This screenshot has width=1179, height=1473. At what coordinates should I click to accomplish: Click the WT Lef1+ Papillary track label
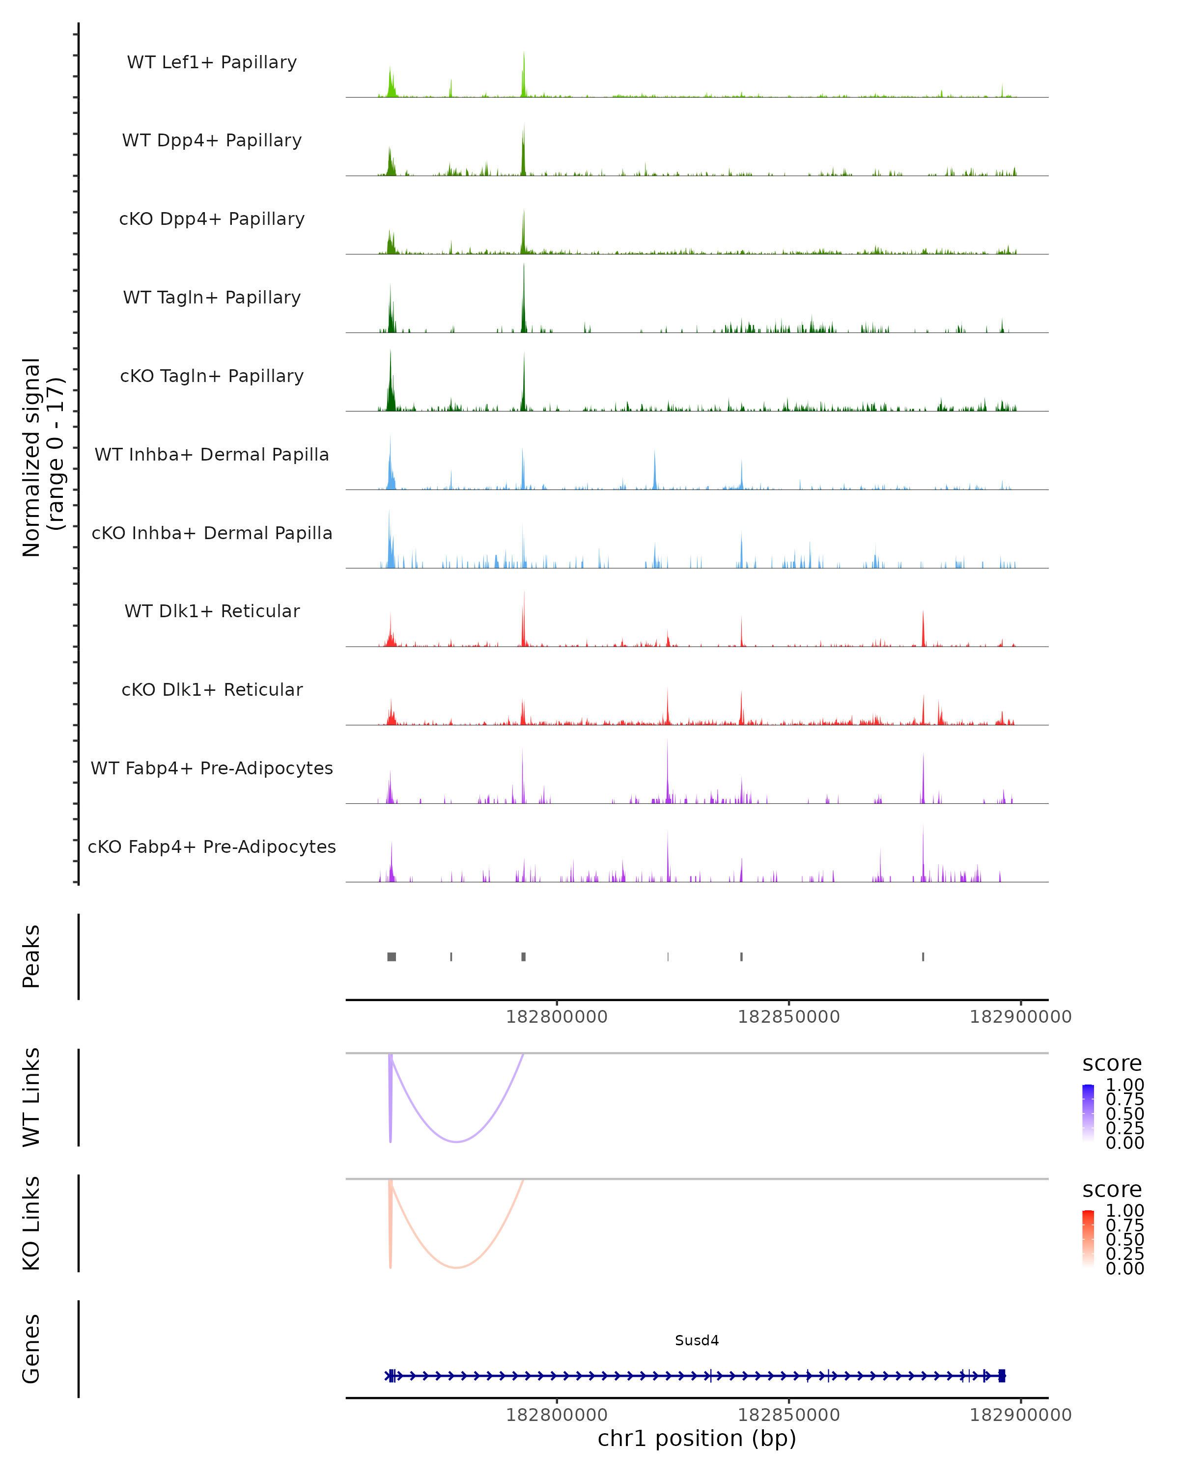tap(212, 62)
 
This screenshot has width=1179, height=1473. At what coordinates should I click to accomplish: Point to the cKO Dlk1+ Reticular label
tap(212, 689)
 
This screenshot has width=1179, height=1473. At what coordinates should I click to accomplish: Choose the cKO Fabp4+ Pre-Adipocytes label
tap(212, 846)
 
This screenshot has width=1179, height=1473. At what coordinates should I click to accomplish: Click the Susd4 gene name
tap(697, 1340)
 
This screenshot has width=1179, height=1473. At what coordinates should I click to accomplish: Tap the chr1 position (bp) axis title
tap(697, 1438)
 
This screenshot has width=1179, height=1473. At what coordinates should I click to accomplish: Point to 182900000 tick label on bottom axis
tap(1020, 1415)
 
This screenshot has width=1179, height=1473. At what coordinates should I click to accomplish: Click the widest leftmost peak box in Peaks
tap(392, 956)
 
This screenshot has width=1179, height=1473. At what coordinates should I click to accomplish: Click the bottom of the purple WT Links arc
tap(456, 1141)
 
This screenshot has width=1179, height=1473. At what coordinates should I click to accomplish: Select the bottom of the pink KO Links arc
tap(456, 1267)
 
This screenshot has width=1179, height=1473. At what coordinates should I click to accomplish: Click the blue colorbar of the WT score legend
tap(1088, 1113)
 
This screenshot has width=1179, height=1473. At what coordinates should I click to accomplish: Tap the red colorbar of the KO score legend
tap(1088, 1239)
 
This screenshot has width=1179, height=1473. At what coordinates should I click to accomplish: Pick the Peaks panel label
tap(31, 956)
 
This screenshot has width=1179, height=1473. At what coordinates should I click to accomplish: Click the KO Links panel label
tap(31, 1223)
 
